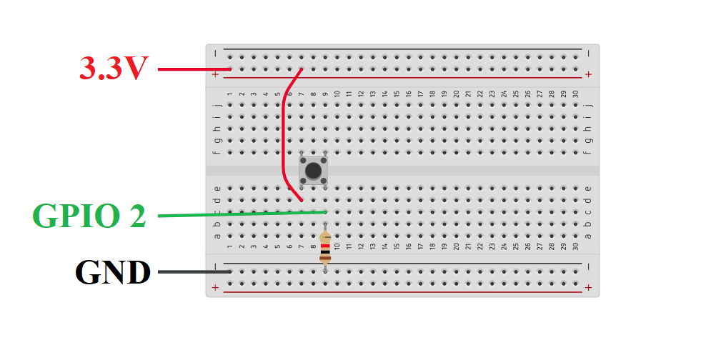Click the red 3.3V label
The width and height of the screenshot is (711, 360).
click(x=113, y=69)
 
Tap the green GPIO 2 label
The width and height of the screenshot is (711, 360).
click(x=89, y=216)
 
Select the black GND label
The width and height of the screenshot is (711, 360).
click(x=113, y=272)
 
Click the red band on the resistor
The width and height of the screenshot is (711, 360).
click(x=325, y=246)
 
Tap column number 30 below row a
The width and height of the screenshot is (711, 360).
click(x=575, y=247)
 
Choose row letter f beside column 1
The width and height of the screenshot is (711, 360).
click(x=217, y=152)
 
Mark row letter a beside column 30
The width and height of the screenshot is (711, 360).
click(x=587, y=236)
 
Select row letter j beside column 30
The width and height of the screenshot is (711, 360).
click(x=587, y=104)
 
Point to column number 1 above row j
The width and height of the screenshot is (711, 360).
click(x=229, y=94)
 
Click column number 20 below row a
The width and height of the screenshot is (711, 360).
click(x=456, y=247)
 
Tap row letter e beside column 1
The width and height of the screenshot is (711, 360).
click(x=217, y=188)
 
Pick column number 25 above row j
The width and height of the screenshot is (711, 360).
click(x=516, y=94)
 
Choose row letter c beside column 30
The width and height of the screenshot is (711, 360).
click(x=587, y=211)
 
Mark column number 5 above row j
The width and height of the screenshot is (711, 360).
click(x=277, y=94)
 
